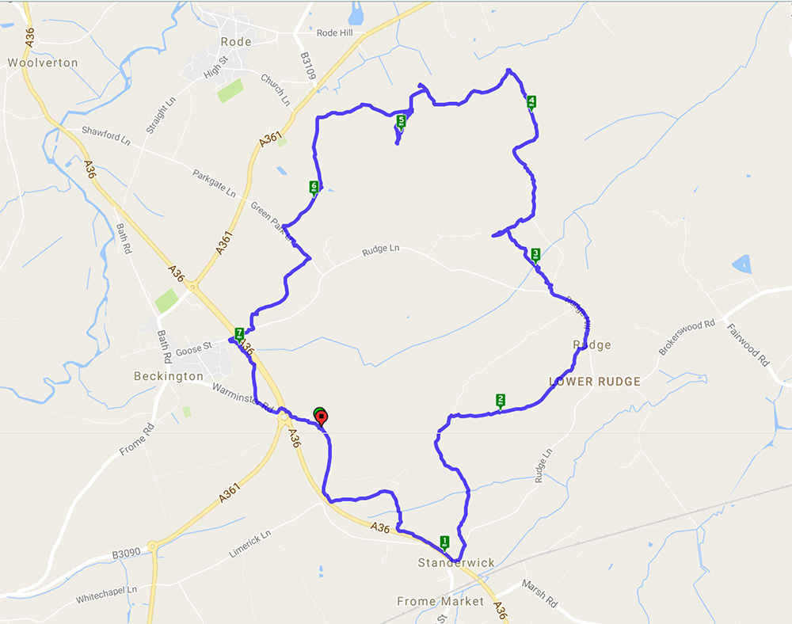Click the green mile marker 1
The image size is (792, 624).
(444, 542)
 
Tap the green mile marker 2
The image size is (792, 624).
(501, 401)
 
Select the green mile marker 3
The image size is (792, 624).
(536, 254)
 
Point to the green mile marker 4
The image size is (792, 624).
(531, 101)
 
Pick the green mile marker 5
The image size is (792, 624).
(401, 121)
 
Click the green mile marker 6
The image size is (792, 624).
(314, 187)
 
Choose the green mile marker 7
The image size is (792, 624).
(239, 333)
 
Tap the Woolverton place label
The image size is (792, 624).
(43, 62)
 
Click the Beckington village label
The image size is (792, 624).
(169, 376)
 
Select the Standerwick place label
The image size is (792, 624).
(456, 563)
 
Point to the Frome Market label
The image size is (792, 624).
(440, 602)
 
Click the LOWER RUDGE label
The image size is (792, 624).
(594, 382)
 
